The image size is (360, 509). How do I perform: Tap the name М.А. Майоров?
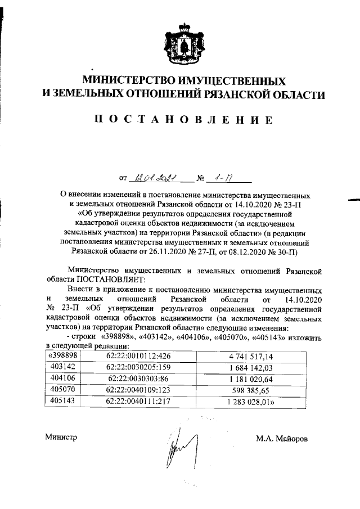[x=281, y=438]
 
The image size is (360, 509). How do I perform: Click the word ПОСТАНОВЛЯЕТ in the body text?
[x=111, y=278]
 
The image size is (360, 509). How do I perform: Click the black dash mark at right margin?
[x=354, y=199]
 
